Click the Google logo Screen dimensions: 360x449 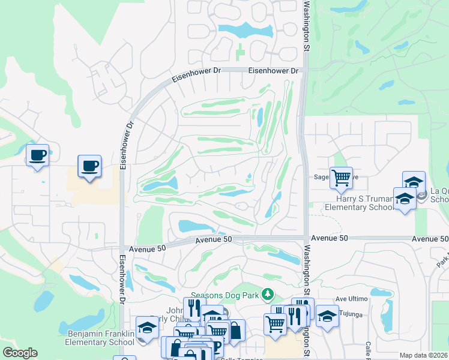(19, 353)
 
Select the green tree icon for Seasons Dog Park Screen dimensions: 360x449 (268, 295)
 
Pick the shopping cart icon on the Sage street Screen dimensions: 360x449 (341, 177)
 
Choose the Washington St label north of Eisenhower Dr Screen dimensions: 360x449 (306, 24)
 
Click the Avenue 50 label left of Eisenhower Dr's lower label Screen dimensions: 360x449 (145, 248)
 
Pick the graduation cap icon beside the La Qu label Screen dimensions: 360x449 (414, 182)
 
